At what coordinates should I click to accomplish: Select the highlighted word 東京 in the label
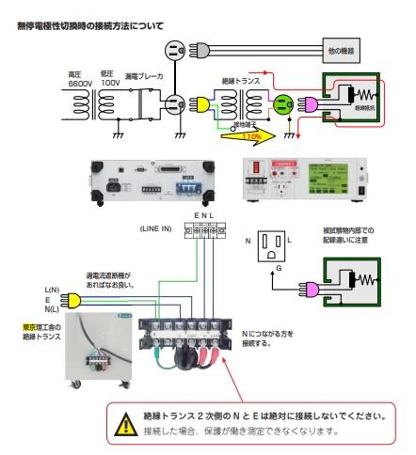(30, 326)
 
